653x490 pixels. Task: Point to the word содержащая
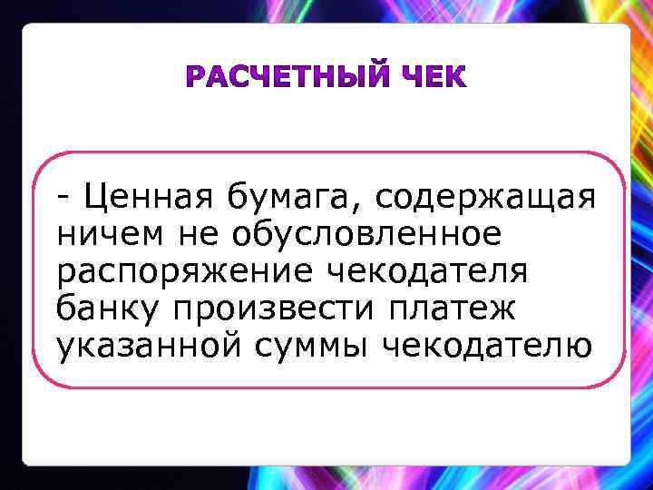[x=483, y=197]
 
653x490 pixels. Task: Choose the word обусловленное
[x=366, y=233]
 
